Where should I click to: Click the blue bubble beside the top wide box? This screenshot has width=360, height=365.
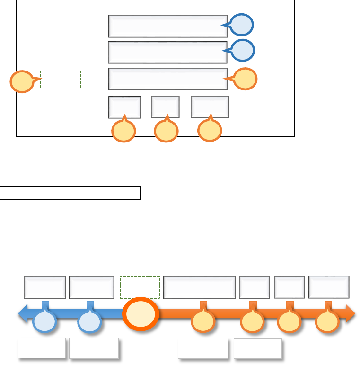coord(242,25)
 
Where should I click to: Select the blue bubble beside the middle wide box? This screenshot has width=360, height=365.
coord(243,51)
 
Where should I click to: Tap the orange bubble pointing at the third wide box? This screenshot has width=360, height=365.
coord(246,79)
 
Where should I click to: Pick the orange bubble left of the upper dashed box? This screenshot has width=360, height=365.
coord(22,81)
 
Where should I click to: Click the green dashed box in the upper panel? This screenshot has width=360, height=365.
coord(61,80)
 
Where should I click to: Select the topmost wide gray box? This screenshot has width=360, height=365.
coord(168,26)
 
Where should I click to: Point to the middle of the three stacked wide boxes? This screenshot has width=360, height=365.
coord(167,52)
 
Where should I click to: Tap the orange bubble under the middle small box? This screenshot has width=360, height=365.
coord(166,132)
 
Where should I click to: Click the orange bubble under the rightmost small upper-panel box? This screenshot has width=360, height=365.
coord(210,131)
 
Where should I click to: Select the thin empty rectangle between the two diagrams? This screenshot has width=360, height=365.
coord(70,193)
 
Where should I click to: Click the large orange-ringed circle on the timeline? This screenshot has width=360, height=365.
coord(140,314)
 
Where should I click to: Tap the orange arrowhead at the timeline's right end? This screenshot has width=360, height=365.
coord(351,313)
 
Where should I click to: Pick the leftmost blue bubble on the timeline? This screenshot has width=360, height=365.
coord(45,322)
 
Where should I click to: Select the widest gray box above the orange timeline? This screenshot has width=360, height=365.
coord(199,287)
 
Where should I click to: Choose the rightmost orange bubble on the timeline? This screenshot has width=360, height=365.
coord(327,322)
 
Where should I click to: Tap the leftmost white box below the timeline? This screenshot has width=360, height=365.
coord(42,348)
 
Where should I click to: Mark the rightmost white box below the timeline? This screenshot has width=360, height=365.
coord(258,348)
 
